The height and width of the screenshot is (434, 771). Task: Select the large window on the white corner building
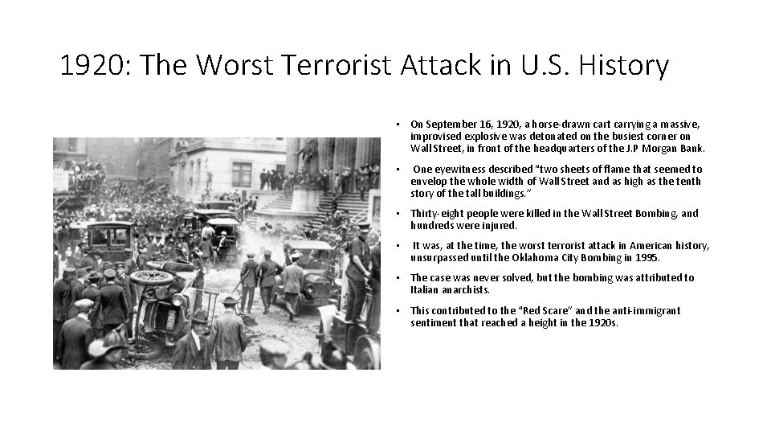click(242, 174)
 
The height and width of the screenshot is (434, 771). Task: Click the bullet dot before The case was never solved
click(398, 278)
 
